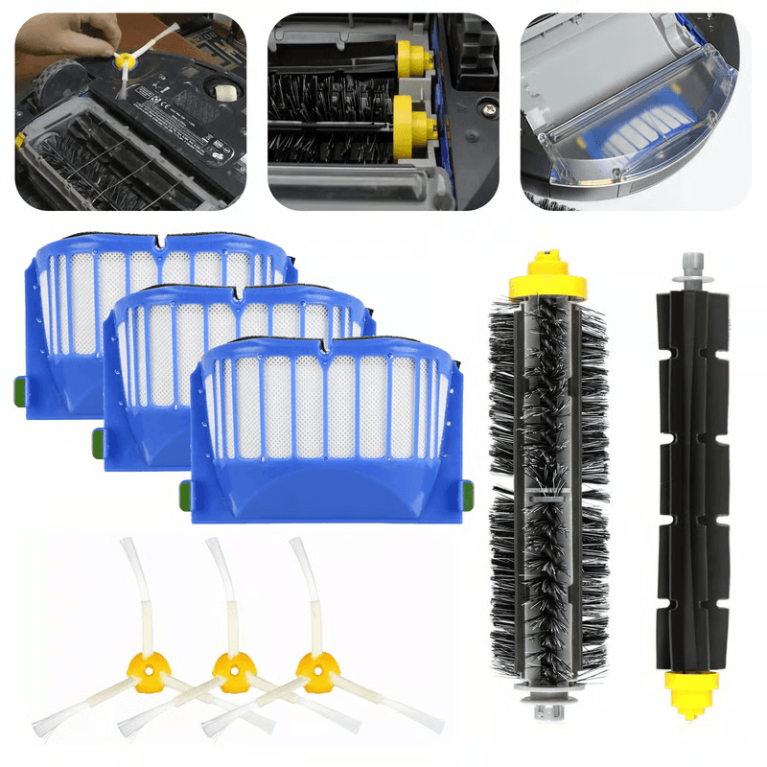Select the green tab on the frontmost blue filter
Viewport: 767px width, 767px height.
pyautogui.click(x=467, y=493)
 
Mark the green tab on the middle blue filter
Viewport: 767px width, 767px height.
pyautogui.click(x=98, y=441)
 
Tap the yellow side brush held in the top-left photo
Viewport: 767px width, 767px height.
pyautogui.click(x=124, y=60)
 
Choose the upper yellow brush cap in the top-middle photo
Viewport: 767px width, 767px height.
pyautogui.click(x=410, y=58)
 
